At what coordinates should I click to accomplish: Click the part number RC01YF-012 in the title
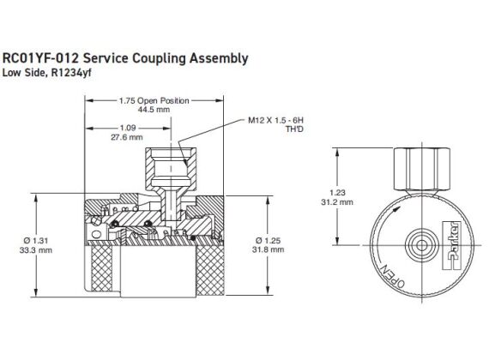pos(45,59)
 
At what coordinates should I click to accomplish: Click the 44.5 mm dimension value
pos(154,111)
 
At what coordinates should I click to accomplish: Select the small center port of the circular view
pos(420,245)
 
